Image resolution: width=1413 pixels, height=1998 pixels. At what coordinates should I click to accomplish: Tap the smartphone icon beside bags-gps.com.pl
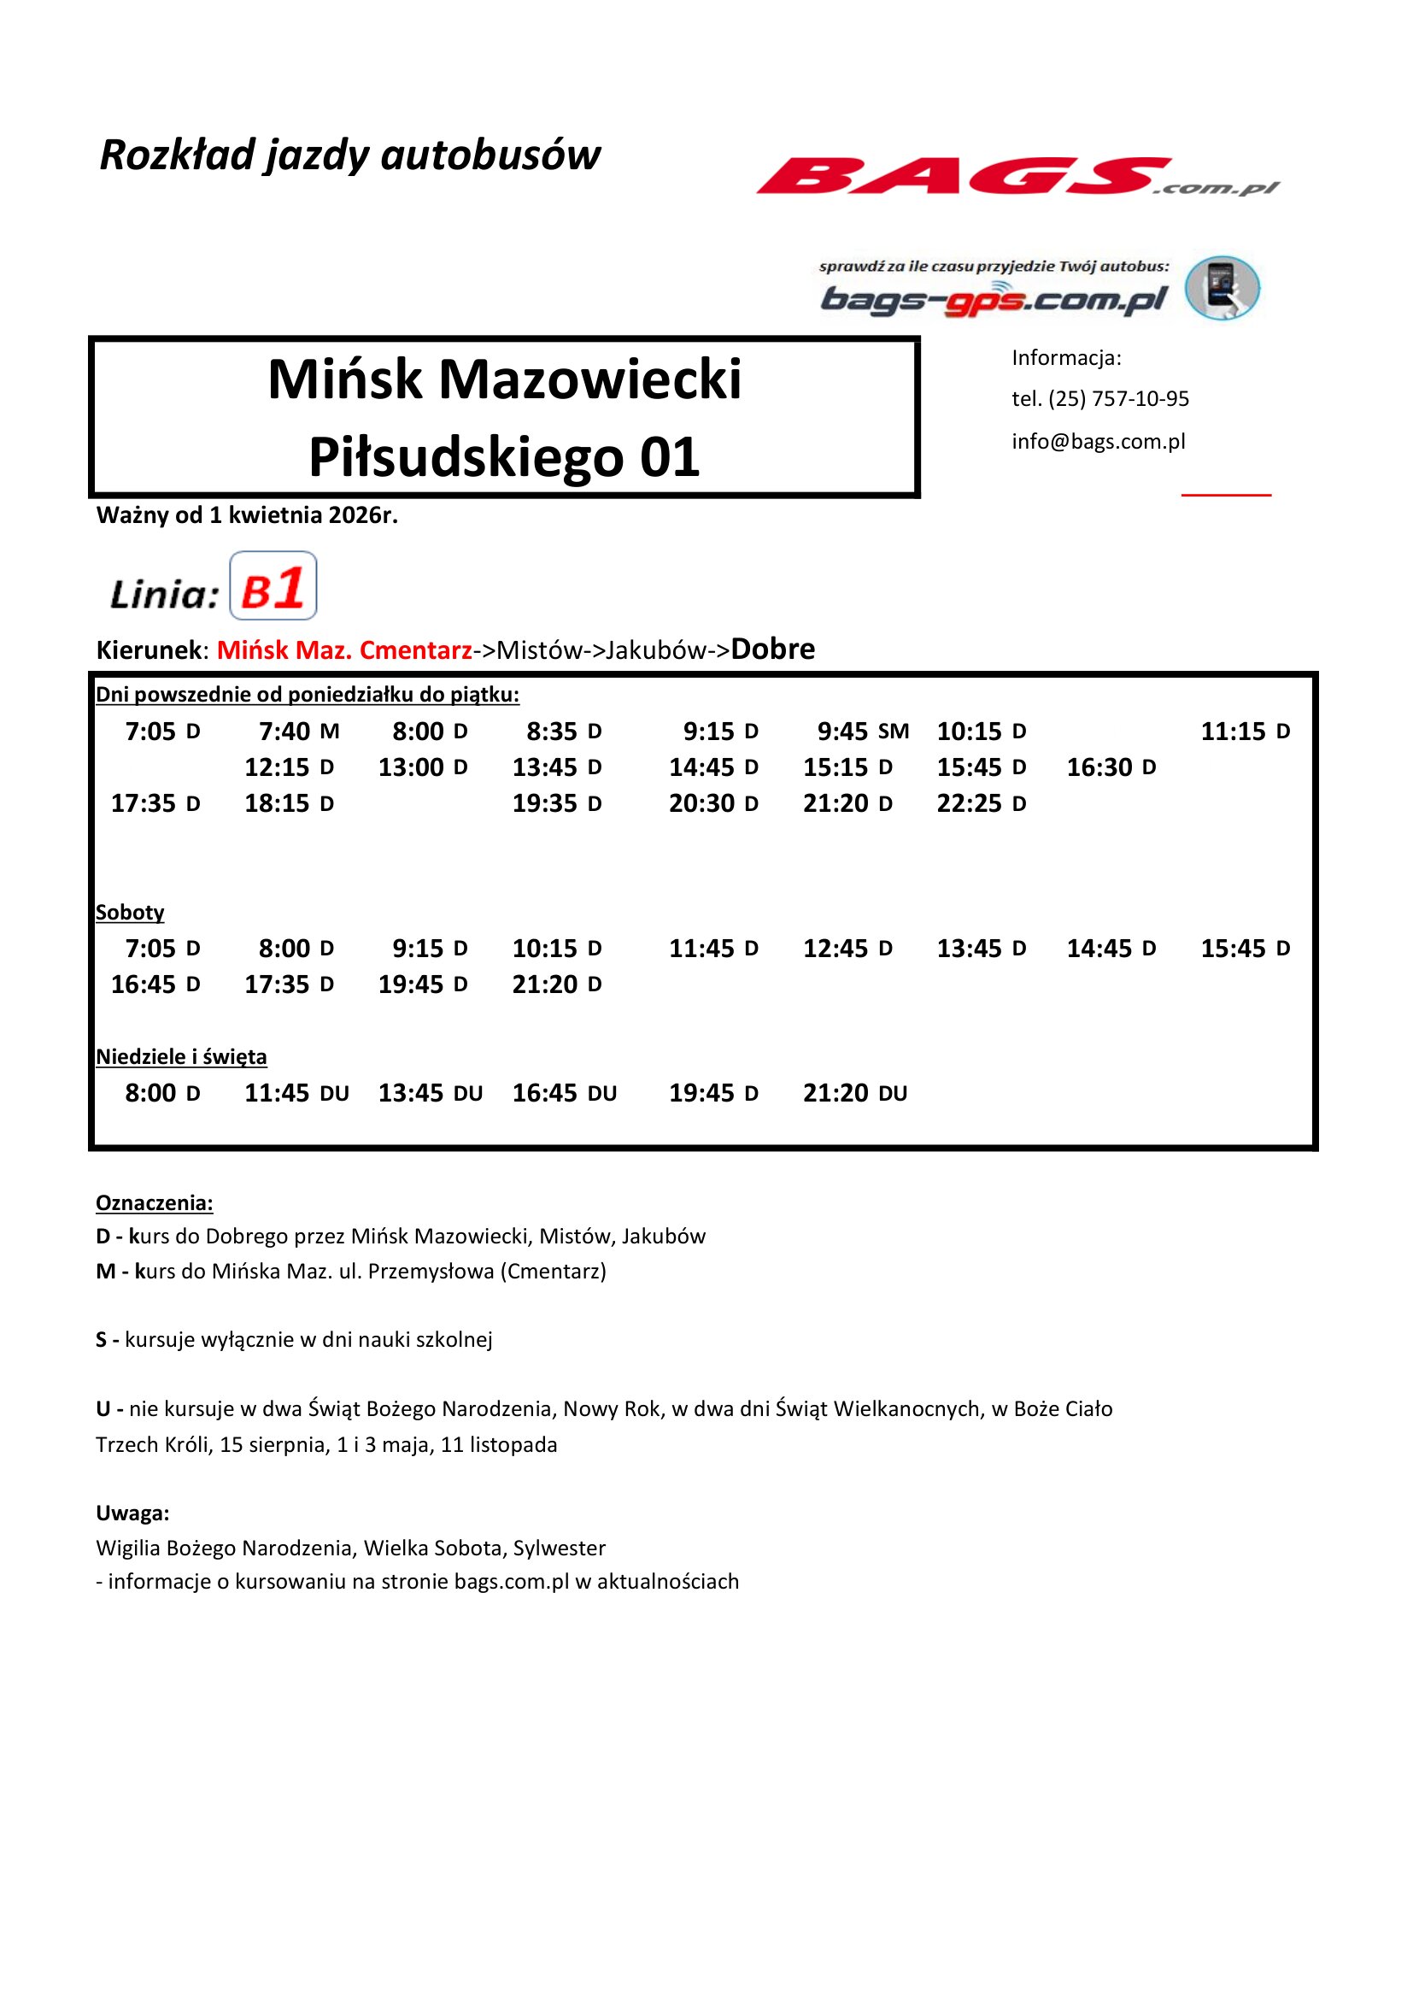click(x=1223, y=287)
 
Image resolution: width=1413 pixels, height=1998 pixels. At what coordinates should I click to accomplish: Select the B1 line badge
click(x=273, y=586)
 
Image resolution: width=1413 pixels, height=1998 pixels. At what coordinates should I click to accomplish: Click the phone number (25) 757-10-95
click(x=1118, y=398)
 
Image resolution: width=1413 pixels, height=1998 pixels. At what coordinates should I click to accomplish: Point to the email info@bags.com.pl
click(x=1098, y=441)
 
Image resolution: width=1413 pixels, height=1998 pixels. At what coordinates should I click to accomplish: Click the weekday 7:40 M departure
click(x=298, y=731)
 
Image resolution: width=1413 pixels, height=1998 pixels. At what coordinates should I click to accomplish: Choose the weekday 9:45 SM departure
click(x=862, y=731)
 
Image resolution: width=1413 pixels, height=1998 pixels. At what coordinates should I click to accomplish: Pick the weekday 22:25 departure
click(x=981, y=803)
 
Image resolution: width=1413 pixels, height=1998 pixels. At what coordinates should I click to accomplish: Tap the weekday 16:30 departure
click(x=1111, y=767)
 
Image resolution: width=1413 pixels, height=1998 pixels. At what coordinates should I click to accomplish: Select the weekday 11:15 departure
click(x=1245, y=731)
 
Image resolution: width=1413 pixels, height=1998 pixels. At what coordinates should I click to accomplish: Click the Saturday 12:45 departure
click(x=847, y=949)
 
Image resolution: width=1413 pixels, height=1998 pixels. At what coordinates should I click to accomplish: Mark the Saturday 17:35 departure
click(x=289, y=984)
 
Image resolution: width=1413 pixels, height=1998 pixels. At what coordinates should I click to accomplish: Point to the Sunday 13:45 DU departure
click(x=430, y=1093)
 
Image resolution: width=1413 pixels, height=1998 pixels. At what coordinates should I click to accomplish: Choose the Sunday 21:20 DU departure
click(x=854, y=1093)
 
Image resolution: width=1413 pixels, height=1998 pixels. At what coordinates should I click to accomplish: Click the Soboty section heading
click(x=130, y=912)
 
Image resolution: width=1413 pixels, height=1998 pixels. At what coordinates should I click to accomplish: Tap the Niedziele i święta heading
click(x=181, y=1056)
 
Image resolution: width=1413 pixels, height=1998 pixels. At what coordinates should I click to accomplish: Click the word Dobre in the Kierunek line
click(x=772, y=649)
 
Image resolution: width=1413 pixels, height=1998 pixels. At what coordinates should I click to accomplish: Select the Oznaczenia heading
click(x=154, y=1202)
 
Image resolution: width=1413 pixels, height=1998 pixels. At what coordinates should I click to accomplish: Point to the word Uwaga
click(x=132, y=1513)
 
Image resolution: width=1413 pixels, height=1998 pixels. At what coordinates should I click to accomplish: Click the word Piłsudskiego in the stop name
click(x=466, y=458)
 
